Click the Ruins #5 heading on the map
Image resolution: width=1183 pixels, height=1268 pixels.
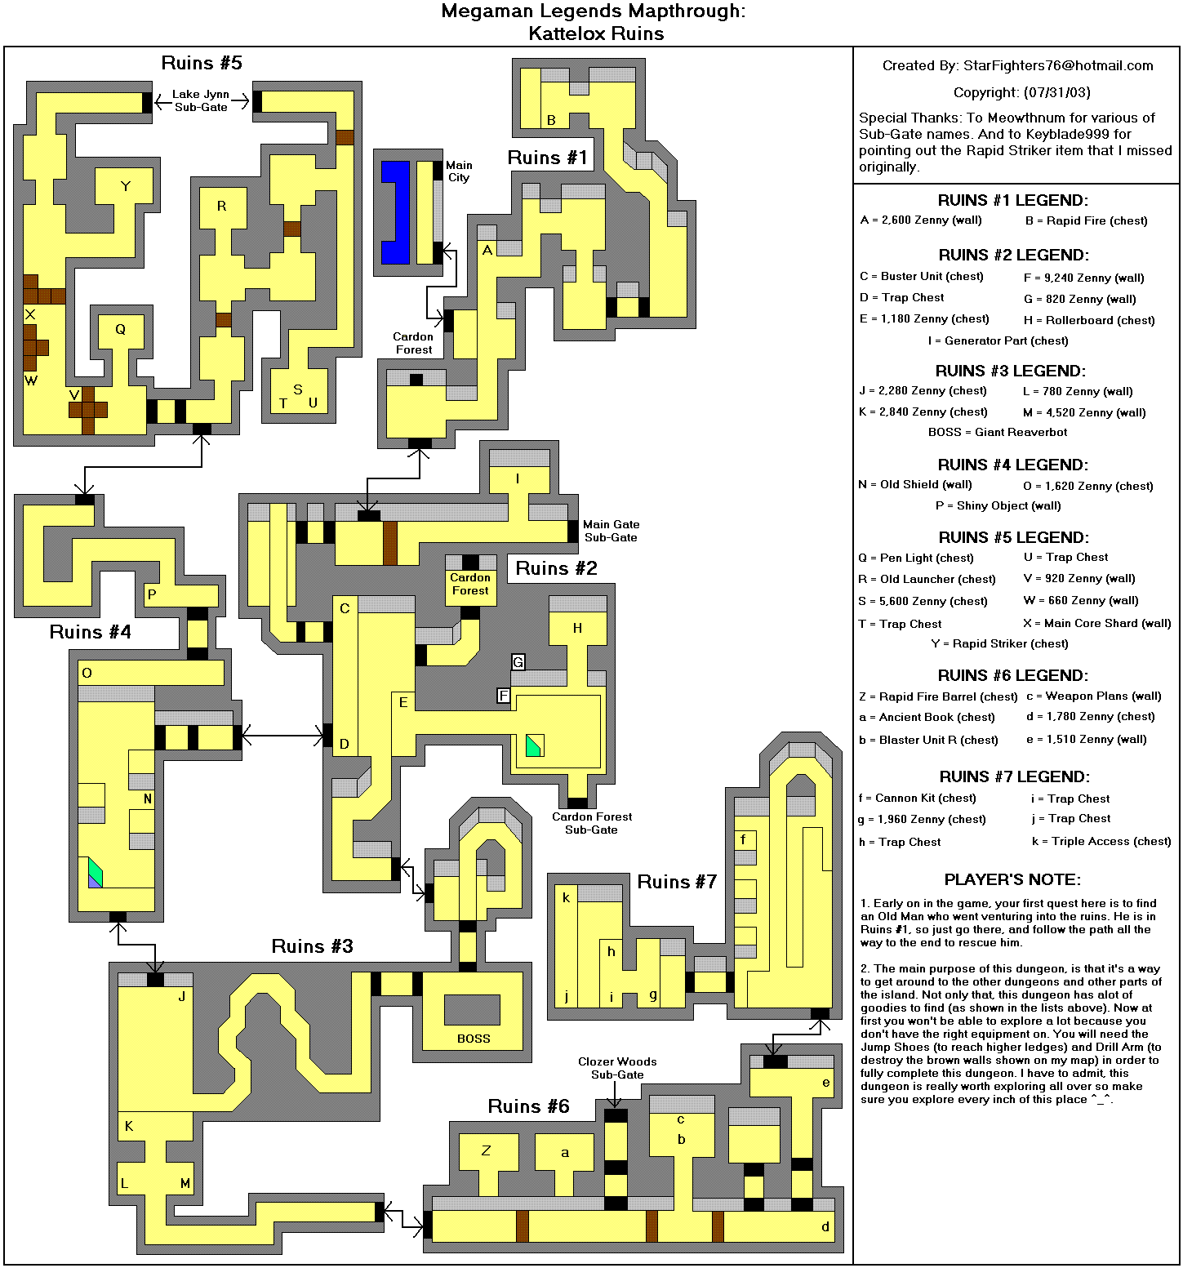click(x=202, y=63)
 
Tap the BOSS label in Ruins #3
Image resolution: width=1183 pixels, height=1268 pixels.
click(x=474, y=1039)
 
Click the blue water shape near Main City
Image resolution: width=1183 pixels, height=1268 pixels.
click(x=396, y=212)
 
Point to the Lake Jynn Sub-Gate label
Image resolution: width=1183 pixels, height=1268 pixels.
click(x=201, y=100)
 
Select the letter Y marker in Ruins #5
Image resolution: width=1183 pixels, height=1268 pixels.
click(x=126, y=186)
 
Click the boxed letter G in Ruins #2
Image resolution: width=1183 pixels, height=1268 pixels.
click(x=518, y=662)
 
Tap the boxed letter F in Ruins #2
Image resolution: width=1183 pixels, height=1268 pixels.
click(x=504, y=696)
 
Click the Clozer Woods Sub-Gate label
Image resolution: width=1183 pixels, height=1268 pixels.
click(x=617, y=1068)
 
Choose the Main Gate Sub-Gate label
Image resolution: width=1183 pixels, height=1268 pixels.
click(x=611, y=531)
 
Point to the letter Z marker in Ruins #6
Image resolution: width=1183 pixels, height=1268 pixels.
click(x=486, y=1150)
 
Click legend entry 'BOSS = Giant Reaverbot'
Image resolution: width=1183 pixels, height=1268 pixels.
click(x=998, y=432)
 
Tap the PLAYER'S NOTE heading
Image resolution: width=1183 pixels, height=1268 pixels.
click(x=1012, y=879)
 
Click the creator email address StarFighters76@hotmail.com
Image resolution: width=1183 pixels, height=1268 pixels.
click(x=1058, y=65)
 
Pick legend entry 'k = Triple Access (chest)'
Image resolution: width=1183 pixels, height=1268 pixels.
click(x=1101, y=841)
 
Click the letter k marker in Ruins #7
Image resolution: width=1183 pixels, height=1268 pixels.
click(x=566, y=897)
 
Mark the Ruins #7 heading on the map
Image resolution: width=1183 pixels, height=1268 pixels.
click(x=677, y=882)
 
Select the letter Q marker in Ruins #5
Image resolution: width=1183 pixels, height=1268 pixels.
click(x=121, y=330)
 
